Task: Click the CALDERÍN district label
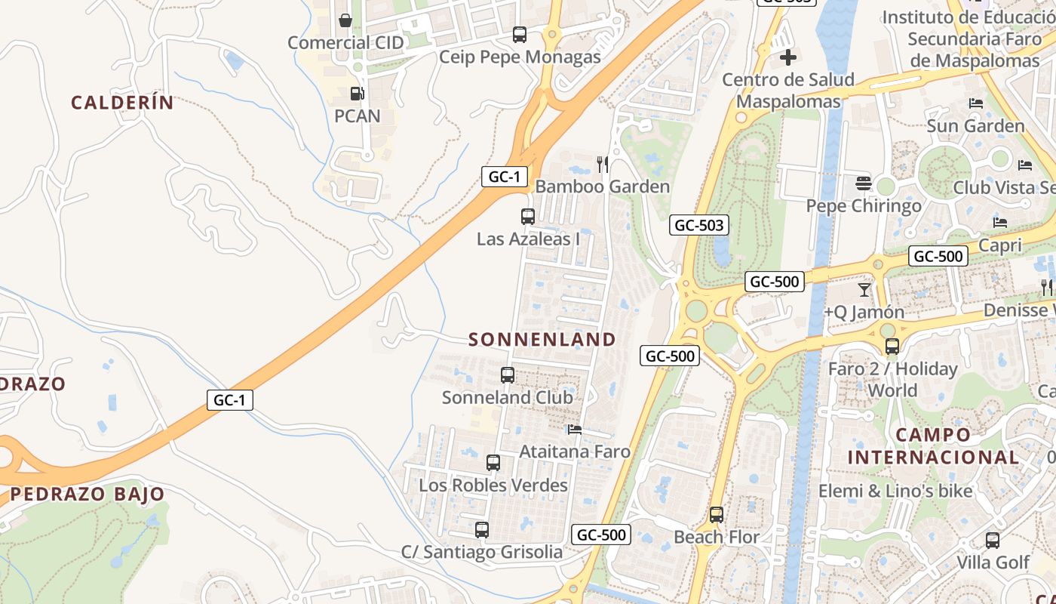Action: [x=123, y=103]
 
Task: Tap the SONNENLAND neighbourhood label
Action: [x=542, y=340]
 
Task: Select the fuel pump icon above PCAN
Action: [x=357, y=94]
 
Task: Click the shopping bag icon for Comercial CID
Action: [x=345, y=20]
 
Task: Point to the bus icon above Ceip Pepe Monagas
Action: [x=520, y=34]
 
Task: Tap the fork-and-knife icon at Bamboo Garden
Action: [x=603, y=164]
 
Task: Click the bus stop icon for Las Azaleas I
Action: [x=528, y=217]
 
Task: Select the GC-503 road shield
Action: [x=699, y=225]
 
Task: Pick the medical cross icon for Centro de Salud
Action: [x=788, y=57]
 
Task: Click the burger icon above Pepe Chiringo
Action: [x=864, y=183]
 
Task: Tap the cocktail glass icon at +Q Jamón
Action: [x=864, y=289]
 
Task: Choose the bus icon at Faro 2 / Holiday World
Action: [x=892, y=347]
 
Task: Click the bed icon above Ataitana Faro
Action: [x=575, y=430]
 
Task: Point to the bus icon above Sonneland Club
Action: [x=508, y=374]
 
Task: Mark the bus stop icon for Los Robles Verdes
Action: [x=493, y=463]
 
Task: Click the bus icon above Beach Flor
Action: [x=717, y=515]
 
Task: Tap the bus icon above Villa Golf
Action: [x=993, y=541]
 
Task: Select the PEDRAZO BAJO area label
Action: [x=87, y=495]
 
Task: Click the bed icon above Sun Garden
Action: [x=976, y=103]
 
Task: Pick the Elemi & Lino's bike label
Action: [x=895, y=491]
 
